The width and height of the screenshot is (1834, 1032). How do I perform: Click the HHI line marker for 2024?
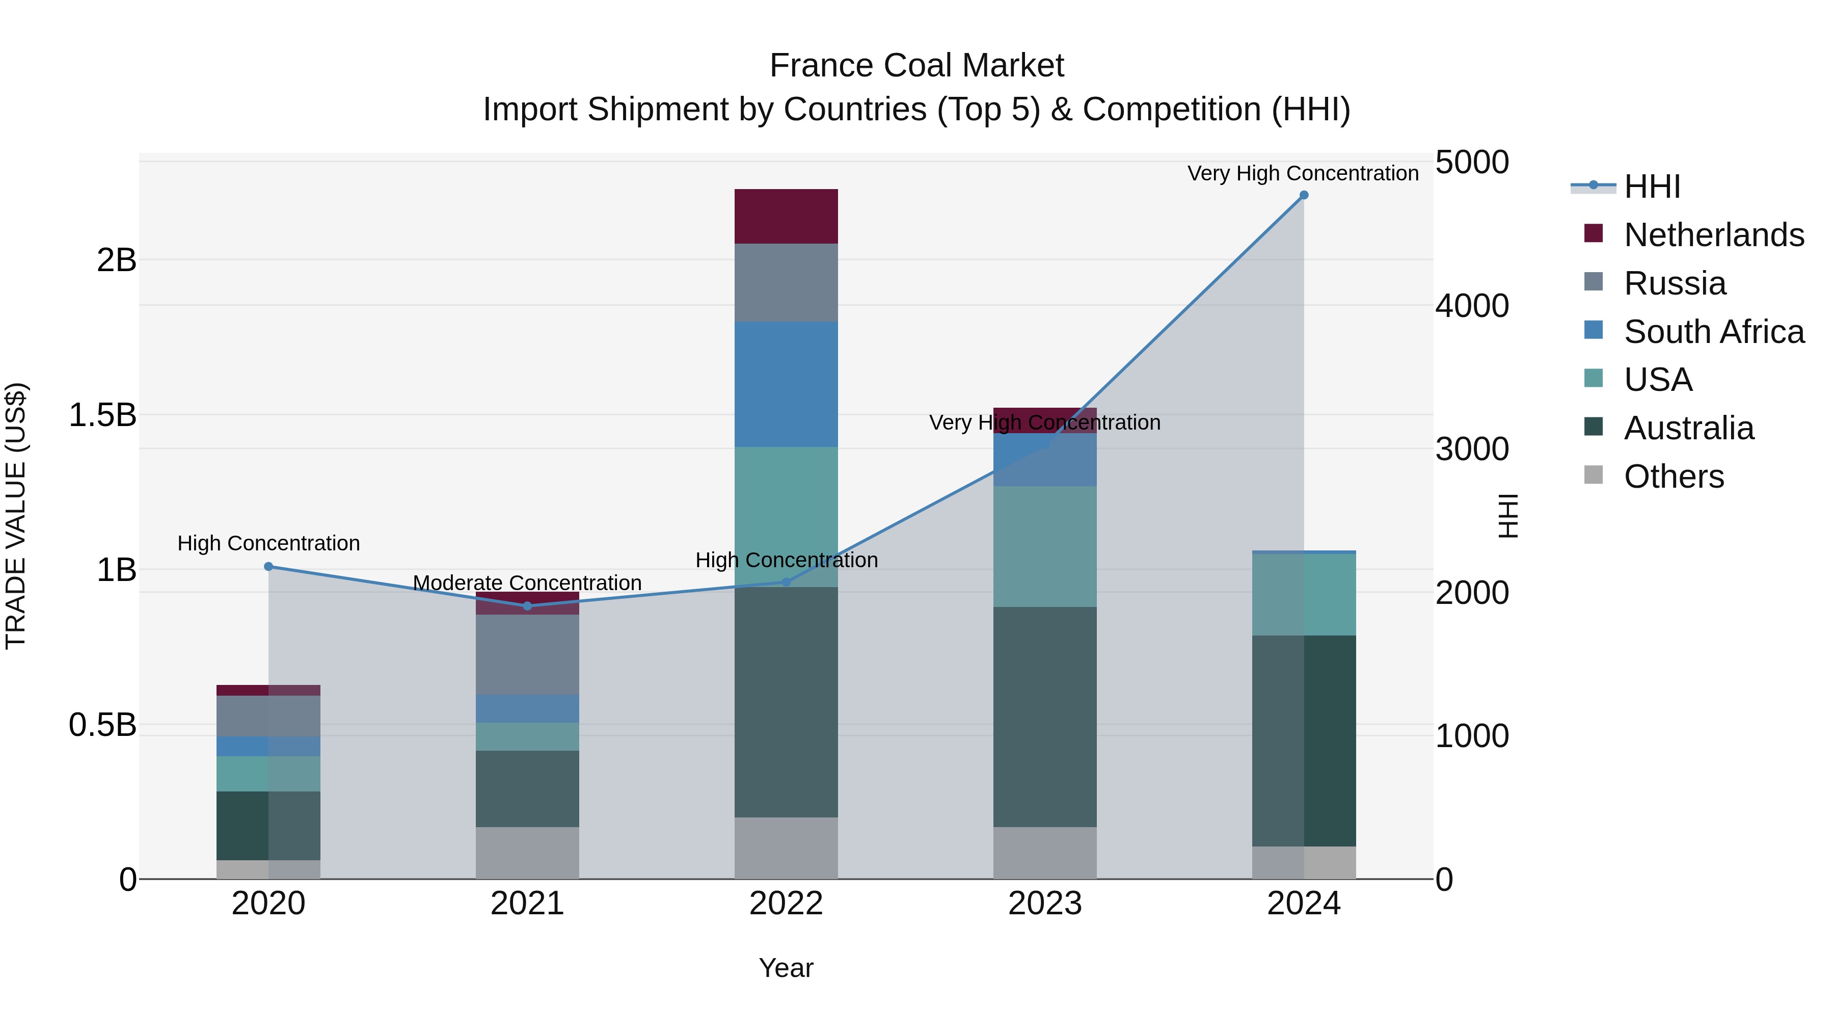point(1304,195)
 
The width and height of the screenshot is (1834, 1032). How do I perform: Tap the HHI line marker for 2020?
point(268,567)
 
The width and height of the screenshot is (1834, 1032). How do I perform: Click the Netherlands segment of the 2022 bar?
point(786,217)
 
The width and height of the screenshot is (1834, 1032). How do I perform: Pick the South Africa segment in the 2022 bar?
point(786,385)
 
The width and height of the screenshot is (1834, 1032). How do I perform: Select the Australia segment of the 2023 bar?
point(1044,717)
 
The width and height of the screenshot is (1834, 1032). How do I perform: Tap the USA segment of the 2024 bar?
point(1304,595)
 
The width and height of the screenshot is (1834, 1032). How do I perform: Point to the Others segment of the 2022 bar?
point(786,848)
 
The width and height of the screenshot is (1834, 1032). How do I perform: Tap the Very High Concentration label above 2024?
point(1303,173)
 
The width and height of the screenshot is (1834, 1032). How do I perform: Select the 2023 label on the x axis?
point(1044,904)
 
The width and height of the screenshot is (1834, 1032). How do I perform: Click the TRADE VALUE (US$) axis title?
point(16,516)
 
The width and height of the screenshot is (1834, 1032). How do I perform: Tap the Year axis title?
point(786,968)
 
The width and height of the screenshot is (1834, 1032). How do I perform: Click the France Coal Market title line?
point(916,66)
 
